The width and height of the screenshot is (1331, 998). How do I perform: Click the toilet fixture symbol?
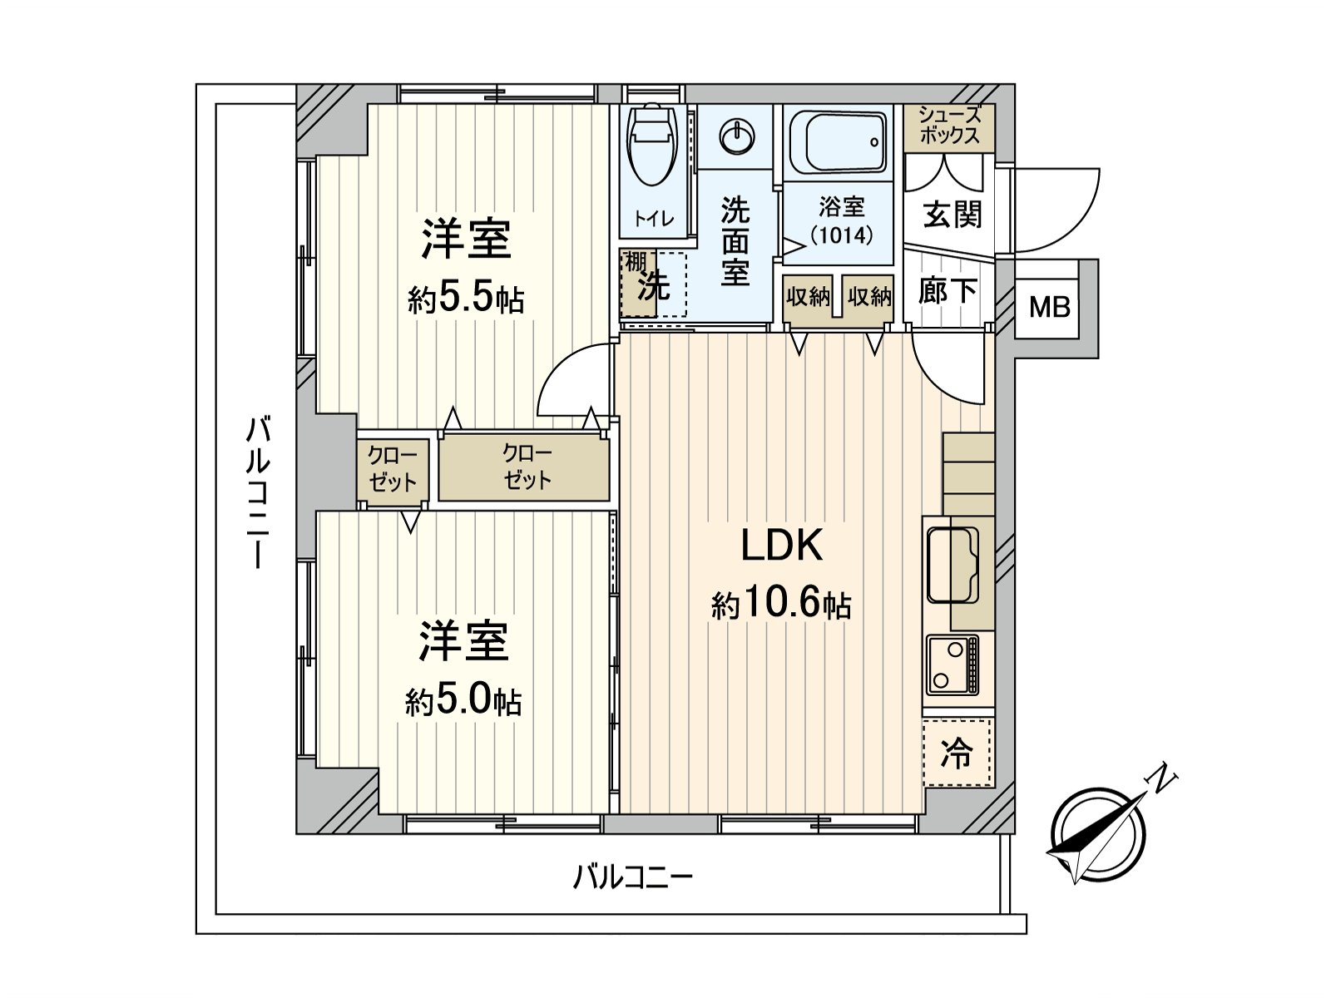(653, 146)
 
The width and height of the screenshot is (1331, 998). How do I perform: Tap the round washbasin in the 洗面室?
(736, 136)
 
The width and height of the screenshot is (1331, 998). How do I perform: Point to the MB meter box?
(1049, 307)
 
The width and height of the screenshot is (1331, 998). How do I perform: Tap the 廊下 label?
(948, 290)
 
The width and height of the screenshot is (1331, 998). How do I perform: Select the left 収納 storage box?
(808, 296)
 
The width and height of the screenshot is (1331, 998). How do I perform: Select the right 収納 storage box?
(869, 296)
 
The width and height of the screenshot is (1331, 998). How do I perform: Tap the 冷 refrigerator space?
(957, 753)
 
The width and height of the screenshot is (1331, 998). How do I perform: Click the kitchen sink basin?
(952, 564)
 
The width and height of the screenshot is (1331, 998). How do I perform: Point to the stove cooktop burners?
(952, 665)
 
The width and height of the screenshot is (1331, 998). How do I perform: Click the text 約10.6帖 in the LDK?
(780, 604)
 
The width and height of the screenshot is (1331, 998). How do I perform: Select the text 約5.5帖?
(466, 297)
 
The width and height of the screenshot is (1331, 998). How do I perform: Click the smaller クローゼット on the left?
(393, 469)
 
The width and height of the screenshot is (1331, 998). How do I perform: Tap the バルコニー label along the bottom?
(632, 877)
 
